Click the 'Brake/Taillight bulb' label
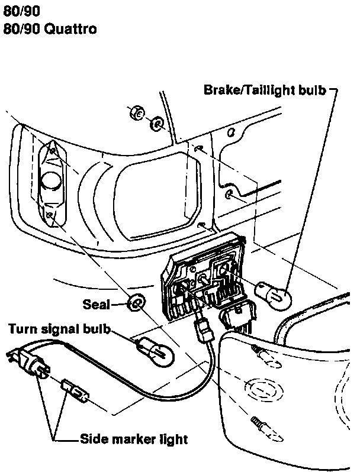[265, 90]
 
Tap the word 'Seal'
[97, 305]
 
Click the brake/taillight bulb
[274, 293]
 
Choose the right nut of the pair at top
[157, 124]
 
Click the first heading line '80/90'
[16, 10]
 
